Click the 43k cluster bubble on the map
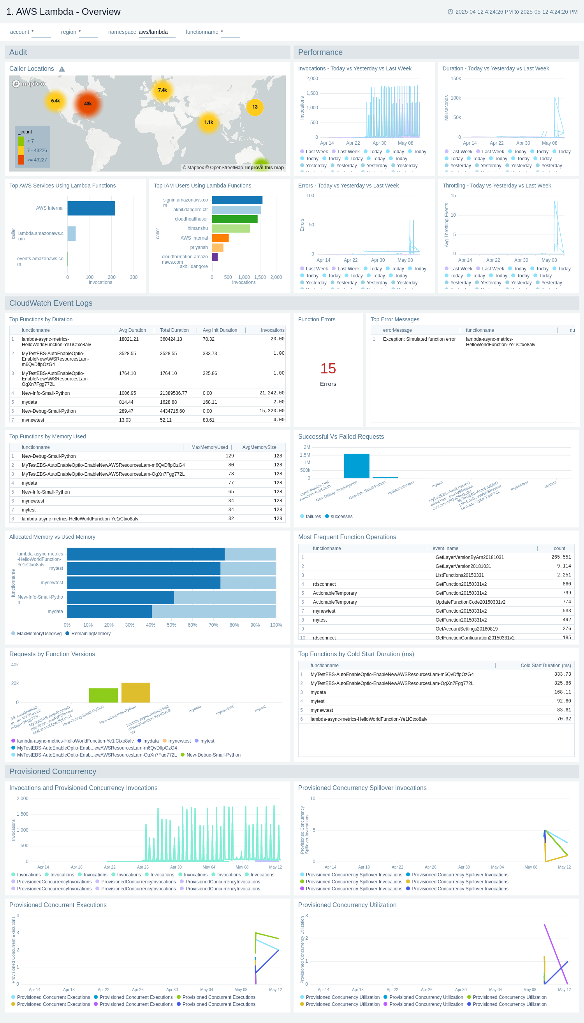tap(88, 104)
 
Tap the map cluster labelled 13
tap(255, 107)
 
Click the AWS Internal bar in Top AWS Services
tap(91, 208)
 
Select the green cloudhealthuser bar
tap(234, 219)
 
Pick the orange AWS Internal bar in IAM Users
tap(220, 238)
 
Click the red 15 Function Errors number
tap(328, 369)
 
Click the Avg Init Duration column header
tap(220, 330)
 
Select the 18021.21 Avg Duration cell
tap(129, 340)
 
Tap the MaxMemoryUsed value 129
tap(229, 456)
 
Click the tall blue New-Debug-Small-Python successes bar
tap(357, 466)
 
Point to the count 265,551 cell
tap(561, 557)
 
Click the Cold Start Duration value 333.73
tap(562, 674)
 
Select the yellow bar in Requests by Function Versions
tap(135, 692)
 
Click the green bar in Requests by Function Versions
tap(104, 695)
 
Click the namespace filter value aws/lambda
tap(153, 32)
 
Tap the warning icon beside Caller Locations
tap(62, 69)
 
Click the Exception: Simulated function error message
tap(419, 340)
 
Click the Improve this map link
tap(264, 168)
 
